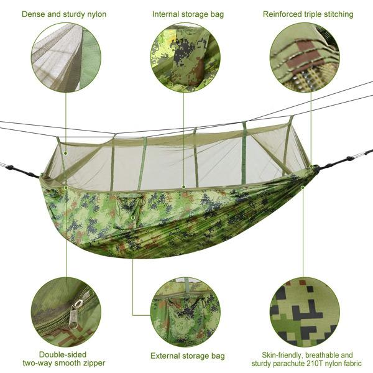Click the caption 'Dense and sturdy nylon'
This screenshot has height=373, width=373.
(x=64, y=14)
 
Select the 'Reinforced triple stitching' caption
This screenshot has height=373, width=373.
(x=308, y=14)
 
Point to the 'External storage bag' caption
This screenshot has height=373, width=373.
(x=187, y=356)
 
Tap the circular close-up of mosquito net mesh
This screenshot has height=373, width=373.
(x=66, y=57)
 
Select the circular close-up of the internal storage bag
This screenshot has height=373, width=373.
(x=185, y=57)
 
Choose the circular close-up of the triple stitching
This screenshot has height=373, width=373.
(x=305, y=57)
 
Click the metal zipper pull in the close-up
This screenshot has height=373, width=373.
(x=76, y=311)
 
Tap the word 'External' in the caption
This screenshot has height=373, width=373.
(x=165, y=356)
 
